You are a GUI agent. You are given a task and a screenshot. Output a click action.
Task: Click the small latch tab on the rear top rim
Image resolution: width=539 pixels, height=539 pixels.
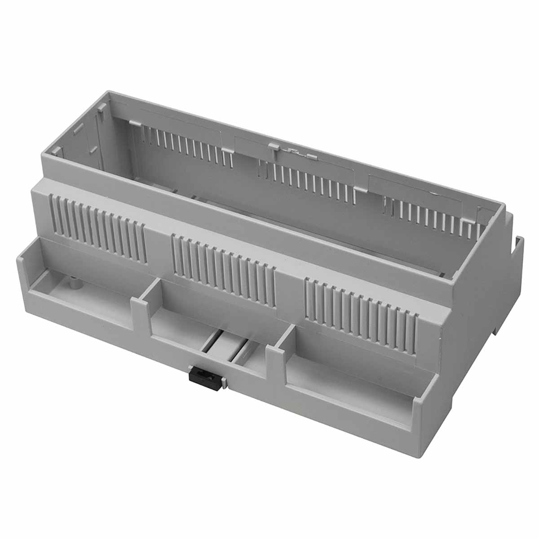point(273,146)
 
